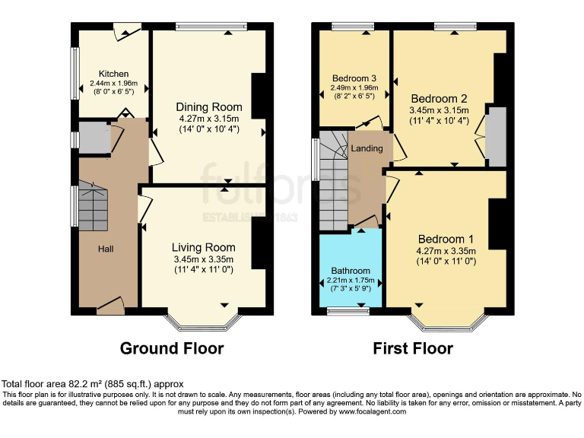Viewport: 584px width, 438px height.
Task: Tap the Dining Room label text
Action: pos(209,106)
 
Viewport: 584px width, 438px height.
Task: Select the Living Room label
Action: pos(203,247)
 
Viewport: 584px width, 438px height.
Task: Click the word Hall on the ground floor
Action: pos(106,249)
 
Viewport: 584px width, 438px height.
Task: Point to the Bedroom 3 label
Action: pos(354,78)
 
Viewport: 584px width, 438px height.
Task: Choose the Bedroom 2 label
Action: pos(439,98)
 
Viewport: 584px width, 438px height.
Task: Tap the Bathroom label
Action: pos(351,271)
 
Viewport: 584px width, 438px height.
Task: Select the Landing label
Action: pos(367,148)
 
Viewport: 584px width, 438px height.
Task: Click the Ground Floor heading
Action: pos(172,349)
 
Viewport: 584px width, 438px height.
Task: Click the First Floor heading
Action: pos(413,349)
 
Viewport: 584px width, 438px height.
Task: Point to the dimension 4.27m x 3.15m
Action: pos(209,119)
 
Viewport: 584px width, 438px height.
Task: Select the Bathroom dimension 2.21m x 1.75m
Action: pos(351,281)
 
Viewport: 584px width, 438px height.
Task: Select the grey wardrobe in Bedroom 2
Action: pos(495,136)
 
